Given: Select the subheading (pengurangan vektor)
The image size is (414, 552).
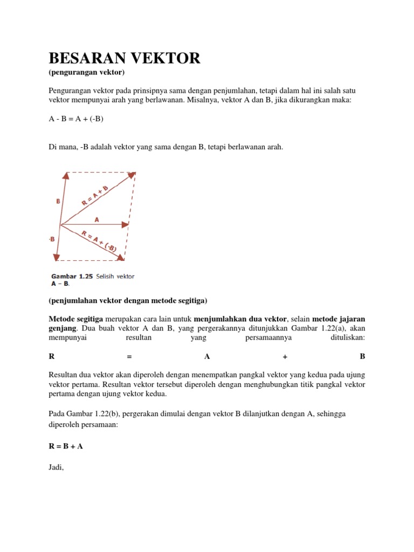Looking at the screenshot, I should click(87, 72).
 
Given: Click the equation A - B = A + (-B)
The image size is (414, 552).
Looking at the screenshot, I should click(76, 119).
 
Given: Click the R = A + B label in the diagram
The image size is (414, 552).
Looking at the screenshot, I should click(95, 195).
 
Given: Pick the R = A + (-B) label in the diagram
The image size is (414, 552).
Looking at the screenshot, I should click(99, 241).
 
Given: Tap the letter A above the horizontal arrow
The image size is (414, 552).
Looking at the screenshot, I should click(96, 219).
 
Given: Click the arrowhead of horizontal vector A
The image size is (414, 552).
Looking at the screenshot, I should click(126, 224).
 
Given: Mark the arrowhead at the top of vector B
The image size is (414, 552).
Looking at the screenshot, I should click(66, 175).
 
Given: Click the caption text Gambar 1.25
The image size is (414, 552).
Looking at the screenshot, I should click(72, 277).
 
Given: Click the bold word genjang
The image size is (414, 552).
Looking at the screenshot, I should click(61, 328).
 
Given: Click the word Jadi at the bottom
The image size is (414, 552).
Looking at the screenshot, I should click(56, 467).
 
